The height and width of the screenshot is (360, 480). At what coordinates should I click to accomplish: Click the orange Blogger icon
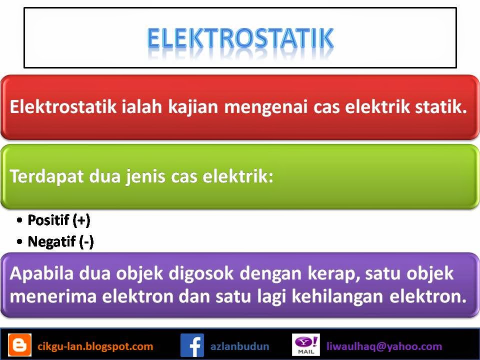point(19,345)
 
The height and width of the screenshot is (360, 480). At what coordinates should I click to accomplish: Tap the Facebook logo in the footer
point(192,345)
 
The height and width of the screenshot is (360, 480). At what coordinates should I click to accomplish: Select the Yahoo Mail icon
point(305,345)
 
